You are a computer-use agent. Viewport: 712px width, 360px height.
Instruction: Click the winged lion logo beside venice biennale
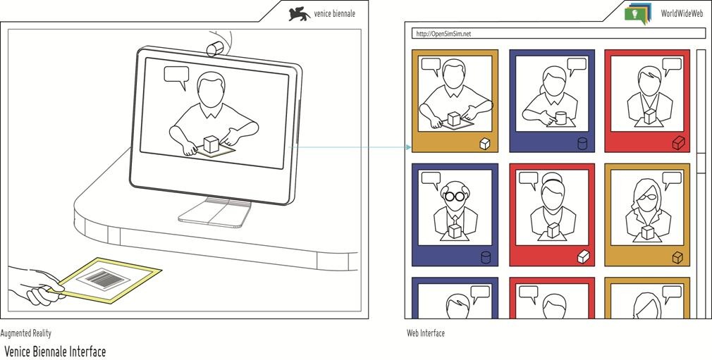(x=299, y=14)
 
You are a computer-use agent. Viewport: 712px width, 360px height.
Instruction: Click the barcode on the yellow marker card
(x=103, y=279)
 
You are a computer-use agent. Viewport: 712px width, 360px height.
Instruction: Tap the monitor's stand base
(x=214, y=213)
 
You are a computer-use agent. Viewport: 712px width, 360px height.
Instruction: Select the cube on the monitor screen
(x=211, y=144)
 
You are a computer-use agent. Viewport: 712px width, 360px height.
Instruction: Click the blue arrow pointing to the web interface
(x=350, y=147)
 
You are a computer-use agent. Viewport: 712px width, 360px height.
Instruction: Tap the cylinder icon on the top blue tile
(x=582, y=144)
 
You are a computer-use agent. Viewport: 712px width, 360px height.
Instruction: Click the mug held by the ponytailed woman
(x=561, y=118)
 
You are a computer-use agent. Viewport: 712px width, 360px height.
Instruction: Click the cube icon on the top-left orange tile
(x=484, y=144)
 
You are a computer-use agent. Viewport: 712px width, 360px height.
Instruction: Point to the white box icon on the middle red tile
(x=583, y=257)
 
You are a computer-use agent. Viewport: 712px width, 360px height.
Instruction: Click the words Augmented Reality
(x=26, y=333)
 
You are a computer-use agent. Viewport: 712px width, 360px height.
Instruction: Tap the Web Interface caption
(x=426, y=333)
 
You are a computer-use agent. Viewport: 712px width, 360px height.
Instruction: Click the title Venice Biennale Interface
(x=55, y=352)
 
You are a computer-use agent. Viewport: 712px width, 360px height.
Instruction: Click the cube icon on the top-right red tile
(x=678, y=144)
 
